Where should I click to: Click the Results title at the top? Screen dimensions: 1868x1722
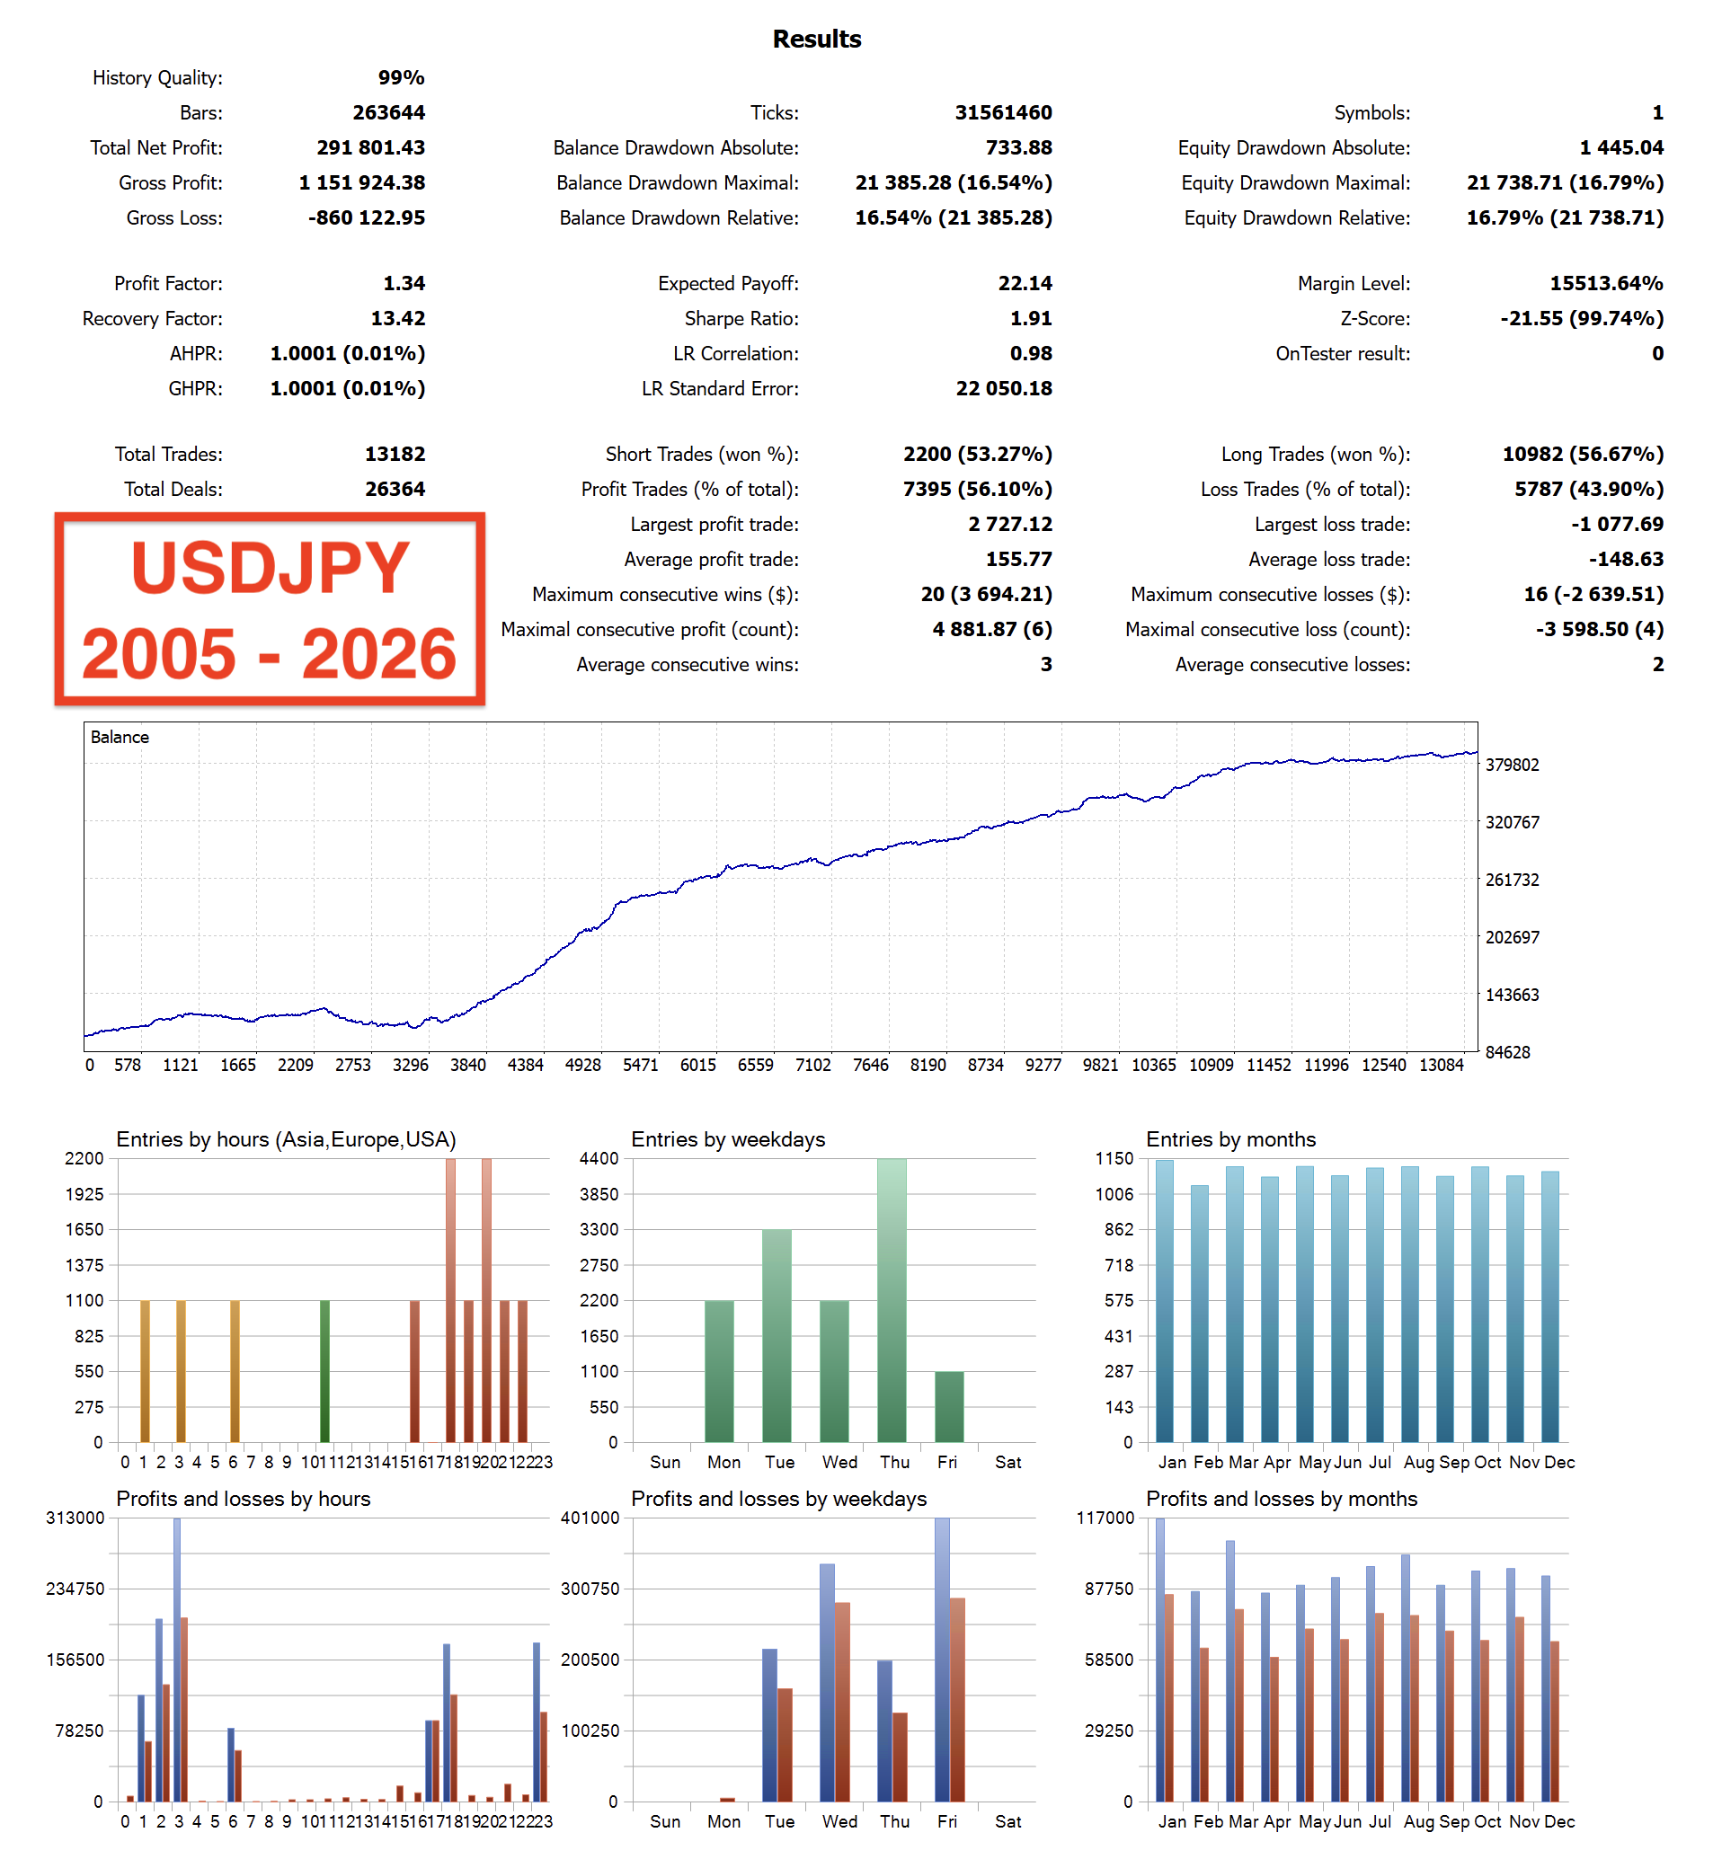pyautogui.click(x=816, y=40)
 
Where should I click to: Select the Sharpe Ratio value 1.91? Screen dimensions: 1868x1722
pyautogui.click(x=1031, y=319)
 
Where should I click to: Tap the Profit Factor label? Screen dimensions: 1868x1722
pyautogui.click(x=169, y=283)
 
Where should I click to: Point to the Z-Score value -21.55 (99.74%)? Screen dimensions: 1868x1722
pyautogui.click(x=1581, y=319)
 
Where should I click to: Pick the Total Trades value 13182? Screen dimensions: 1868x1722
pyautogui.click(x=395, y=454)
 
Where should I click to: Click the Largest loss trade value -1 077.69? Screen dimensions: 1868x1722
pyautogui.click(x=1617, y=525)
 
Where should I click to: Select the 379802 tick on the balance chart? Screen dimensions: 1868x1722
pyautogui.click(x=1512, y=765)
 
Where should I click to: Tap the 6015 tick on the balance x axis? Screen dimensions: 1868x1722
pyautogui.click(x=698, y=1065)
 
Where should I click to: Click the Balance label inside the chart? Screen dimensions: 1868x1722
pyautogui.click(x=120, y=737)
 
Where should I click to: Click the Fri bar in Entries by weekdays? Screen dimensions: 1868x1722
pyautogui.click(x=948, y=1407)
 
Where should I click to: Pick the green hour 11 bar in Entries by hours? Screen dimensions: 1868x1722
pyautogui.click(x=324, y=1371)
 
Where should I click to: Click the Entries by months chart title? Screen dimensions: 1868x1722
pyautogui.click(x=1230, y=1139)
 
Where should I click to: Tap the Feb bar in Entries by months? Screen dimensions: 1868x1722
pyautogui.click(x=1199, y=1314)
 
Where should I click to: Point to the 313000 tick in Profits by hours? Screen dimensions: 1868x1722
pyautogui.click(x=75, y=1518)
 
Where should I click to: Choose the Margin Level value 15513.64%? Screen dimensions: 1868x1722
pyautogui.click(x=1605, y=283)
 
